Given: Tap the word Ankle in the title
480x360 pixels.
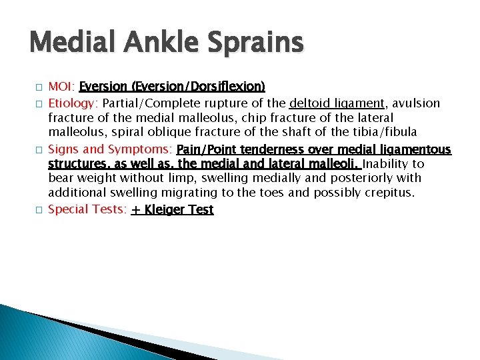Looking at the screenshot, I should pyautogui.click(x=161, y=44).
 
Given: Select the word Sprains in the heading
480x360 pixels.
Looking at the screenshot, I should pyautogui.click(x=256, y=44).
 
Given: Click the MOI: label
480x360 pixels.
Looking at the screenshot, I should pyautogui.click(x=61, y=87).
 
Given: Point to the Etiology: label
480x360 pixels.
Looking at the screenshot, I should pyautogui.click(x=73, y=103).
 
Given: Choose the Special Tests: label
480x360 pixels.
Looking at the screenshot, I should pyautogui.click(x=87, y=209).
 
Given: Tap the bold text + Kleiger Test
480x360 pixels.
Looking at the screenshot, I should pyautogui.click(x=172, y=209).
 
